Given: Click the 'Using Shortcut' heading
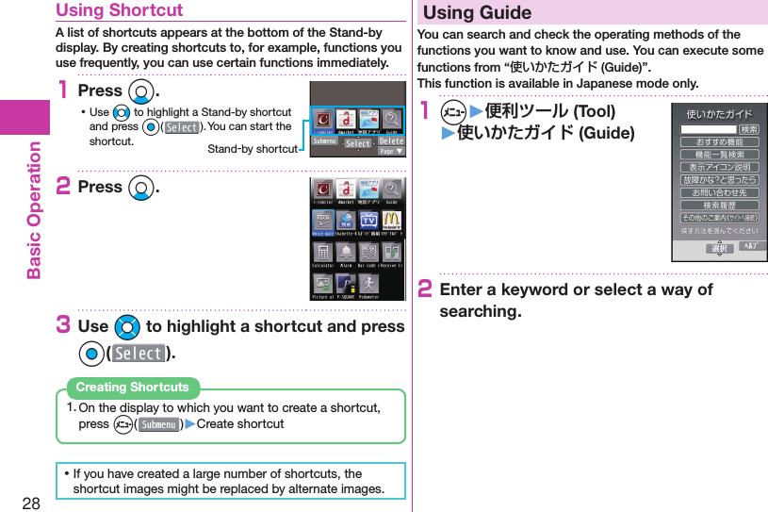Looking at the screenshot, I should tap(120, 10).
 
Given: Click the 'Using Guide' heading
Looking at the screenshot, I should tap(478, 13).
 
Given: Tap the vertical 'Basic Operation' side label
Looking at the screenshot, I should tap(34, 209).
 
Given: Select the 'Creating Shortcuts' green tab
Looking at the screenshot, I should tap(132, 388).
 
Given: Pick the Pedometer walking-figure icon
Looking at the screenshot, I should tap(368, 284).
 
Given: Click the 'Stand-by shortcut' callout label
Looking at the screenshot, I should tap(252, 149).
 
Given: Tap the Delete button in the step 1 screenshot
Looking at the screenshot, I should tap(390, 140).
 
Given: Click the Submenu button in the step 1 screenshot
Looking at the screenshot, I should tap(325, 142).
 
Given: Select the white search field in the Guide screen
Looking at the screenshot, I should tap(710, 129).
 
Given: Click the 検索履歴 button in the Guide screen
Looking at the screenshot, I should tap(720, 205).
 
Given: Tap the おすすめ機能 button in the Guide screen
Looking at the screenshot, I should tap(720, 141).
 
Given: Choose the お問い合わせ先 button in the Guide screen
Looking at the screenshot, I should tap(720, 192).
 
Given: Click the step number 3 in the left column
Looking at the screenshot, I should tap(62, 326).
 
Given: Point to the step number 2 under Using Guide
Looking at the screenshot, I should tap(424, 289).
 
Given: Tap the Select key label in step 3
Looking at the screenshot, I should tap(139, 354).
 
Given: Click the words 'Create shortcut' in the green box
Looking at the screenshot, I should tap(240, 424).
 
